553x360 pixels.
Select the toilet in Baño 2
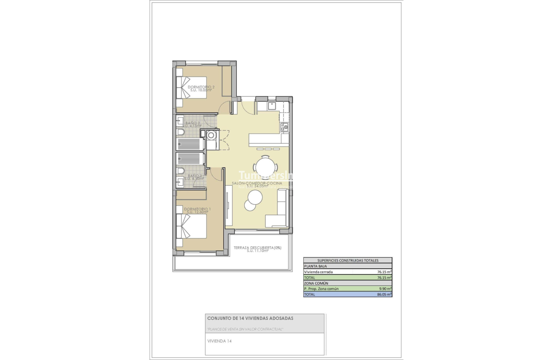click(x=181, y=133)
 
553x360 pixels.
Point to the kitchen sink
click(x=271, y=105)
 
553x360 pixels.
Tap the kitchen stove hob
click(x=284, y=126)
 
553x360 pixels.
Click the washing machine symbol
click(x=210, y=135)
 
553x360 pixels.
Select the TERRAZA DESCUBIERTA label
click(x=257, y=248)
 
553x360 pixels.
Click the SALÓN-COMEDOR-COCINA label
click(x=257, y=184)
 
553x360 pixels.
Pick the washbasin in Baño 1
click(x=181, y=182)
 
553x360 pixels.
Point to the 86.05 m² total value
click(x=384, y=295)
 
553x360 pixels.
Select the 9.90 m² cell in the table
click(x=384, y=289)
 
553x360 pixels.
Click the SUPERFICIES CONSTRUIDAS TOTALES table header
click(x=347, y=260)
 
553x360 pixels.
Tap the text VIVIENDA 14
click(x=220, y=341)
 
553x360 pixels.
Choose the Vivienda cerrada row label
click(x=318, y=272)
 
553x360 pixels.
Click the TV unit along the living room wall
click(x=229, y=205)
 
